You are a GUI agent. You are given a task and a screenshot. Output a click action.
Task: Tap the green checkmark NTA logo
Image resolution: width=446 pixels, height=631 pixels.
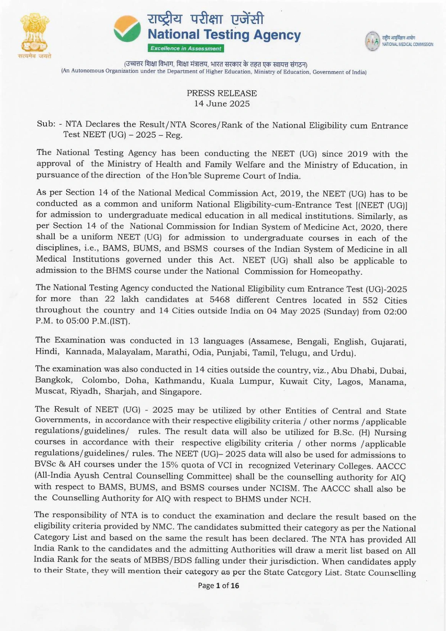pos(127,29)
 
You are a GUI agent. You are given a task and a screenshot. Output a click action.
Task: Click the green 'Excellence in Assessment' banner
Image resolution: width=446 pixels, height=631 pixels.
pos(186,48)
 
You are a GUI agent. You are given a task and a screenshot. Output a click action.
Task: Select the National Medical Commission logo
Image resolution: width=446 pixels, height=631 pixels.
pos(372,41)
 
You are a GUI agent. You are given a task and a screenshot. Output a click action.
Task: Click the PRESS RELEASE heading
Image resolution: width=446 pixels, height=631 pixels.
pos(222,93)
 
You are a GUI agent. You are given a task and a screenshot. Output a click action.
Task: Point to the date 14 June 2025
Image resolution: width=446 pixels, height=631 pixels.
pos(222,104)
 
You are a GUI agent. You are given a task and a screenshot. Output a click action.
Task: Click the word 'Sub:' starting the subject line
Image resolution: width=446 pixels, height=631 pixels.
pos(46,124)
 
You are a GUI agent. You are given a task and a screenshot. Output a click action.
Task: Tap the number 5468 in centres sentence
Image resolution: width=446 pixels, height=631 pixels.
pos(219,300)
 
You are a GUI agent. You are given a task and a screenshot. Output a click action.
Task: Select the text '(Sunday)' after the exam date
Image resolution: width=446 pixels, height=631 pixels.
pos(341,311)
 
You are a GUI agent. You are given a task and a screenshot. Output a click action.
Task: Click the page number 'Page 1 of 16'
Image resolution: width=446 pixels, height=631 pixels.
pos(219,586)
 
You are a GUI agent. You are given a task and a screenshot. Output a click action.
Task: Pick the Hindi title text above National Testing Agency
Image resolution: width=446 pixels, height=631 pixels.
pos(206,19)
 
